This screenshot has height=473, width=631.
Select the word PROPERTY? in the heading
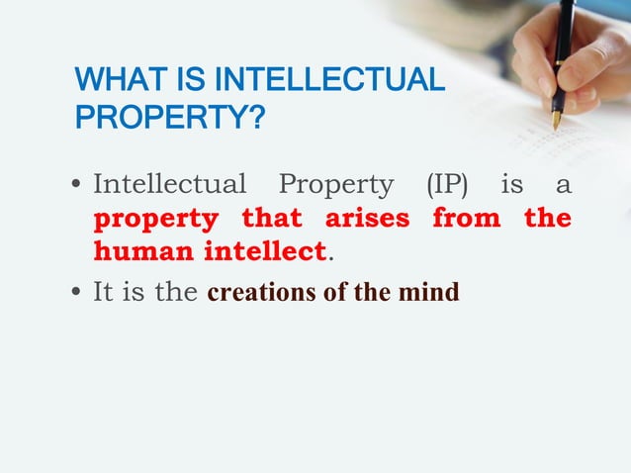tap(170, 120)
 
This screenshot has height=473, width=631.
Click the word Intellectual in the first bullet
tap(169, 185)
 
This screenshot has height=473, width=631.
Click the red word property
tap(155, 219)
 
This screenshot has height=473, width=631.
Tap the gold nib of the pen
tap(557, 120)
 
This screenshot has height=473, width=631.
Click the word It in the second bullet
tap(104, 293)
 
